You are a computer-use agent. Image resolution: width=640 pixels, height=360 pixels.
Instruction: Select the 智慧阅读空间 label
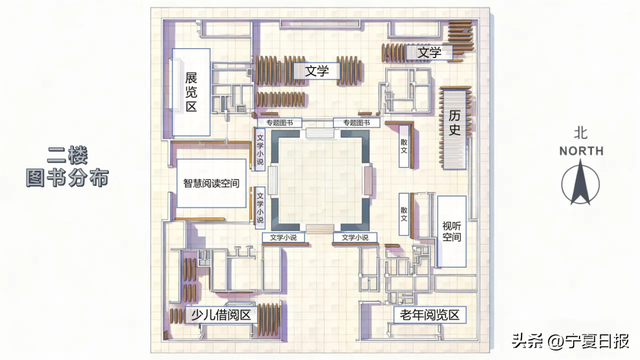209,184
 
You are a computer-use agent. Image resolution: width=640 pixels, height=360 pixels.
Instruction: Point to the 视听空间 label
452,232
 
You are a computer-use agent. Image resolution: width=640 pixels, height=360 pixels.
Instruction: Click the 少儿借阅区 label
220,315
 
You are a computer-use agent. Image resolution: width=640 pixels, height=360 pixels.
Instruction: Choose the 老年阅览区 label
428,315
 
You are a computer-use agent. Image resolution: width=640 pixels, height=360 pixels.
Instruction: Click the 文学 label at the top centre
317,71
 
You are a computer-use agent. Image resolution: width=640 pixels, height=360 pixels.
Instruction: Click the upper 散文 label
405,146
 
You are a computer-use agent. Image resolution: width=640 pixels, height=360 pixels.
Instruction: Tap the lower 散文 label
405,212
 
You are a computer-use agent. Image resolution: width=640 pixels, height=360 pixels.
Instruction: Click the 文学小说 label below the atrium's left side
283,238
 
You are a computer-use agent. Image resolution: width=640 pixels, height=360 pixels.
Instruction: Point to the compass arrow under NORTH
581,185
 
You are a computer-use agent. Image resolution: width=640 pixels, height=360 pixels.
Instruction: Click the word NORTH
581,151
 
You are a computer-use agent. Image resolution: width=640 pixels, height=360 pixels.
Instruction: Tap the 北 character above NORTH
581,132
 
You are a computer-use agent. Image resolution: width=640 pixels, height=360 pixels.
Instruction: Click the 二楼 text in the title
68,156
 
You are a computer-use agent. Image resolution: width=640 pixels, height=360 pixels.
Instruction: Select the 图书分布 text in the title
68,179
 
